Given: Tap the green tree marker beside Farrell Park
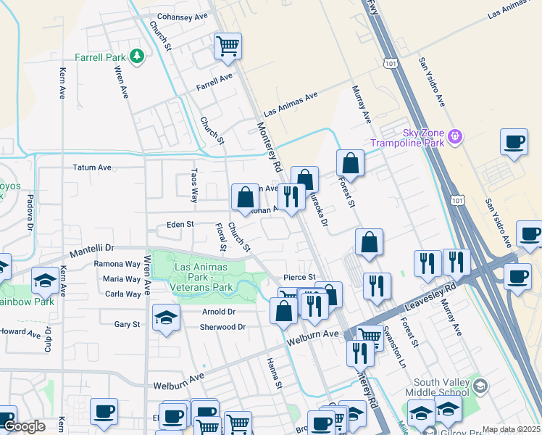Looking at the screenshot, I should (x=135, y=56).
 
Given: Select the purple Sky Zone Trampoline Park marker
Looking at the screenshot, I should (x=455, y=135).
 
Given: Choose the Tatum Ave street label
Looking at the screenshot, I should (x=92, y=167).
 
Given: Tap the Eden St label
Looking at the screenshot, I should (x=180, y=225).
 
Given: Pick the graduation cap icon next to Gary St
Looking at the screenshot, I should (x=166, y=318).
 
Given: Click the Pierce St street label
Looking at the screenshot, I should (x=299, y=277).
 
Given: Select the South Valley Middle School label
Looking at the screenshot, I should (x=442, y=387).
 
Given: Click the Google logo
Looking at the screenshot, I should (x=24, y=427).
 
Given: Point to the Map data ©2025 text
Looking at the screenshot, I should (x=511, y=429).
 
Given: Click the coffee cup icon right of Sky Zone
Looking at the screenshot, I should (x=514, y=142).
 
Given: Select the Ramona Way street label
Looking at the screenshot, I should (x=117, y=265).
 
